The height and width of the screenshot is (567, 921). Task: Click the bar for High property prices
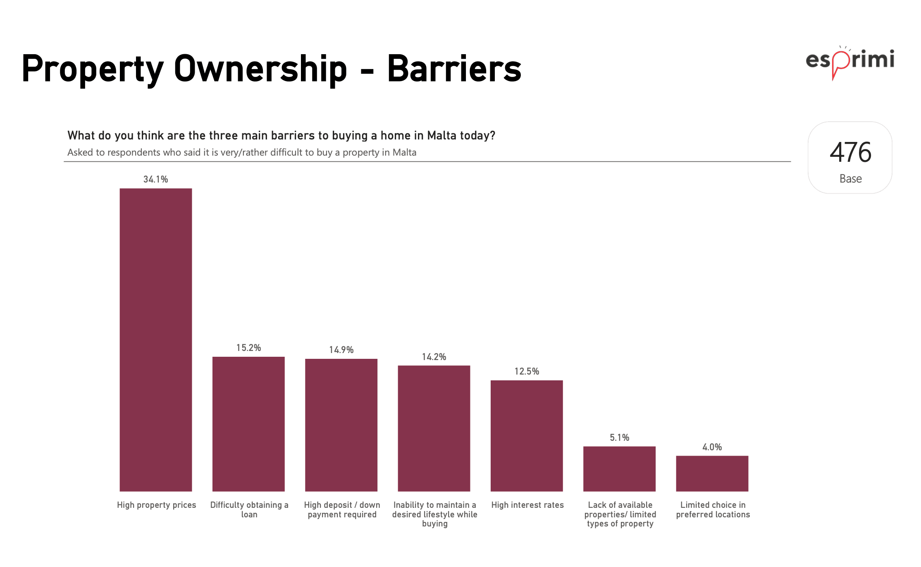click(155, 339)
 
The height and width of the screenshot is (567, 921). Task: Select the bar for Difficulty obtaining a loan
click(248, 424)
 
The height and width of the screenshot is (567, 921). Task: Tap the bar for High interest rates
click(527, 435)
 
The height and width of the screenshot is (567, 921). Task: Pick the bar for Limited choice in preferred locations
click(712, 473)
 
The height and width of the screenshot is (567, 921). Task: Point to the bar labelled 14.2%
click(434, 428)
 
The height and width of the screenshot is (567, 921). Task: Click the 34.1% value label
click(155, 179)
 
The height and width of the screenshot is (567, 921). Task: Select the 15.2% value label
click(248, 348)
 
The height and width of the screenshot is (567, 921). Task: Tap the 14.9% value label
click(341, 350)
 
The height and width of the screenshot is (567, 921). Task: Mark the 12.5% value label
click(527, 371)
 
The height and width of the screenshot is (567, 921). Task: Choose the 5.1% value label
click(619, 437)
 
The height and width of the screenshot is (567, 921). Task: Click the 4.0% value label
click(712, 447)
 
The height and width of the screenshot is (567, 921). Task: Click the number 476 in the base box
click(850, 152)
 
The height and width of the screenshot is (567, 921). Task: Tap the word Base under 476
click(850, 179)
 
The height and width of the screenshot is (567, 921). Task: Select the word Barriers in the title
click(454, 69)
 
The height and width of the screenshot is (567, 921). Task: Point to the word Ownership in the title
click(260, 69)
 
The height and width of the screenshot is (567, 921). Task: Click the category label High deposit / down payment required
click(342, 509)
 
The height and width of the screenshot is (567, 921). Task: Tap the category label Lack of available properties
click(620, 514)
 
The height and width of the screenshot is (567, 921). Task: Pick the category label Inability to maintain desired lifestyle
click(434, 514)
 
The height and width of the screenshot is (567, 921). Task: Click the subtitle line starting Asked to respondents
click(242, 152)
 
